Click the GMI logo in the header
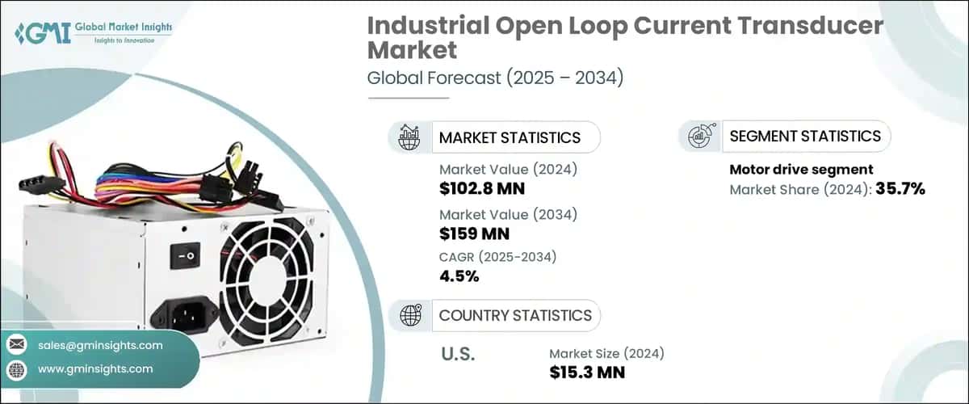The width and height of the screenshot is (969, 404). tap(94, 35)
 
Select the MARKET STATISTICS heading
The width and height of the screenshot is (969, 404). tap(509, 137)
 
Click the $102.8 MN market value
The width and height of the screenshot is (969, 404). tap(481, 189)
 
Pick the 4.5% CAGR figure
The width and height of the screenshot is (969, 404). tap(459, 277)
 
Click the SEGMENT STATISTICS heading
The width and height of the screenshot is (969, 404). tap(804, 137)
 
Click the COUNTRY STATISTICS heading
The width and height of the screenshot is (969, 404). tap(514, 316)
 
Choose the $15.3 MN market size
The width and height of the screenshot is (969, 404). tap(587, 372)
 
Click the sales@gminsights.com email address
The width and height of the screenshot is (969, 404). tap(100, 345)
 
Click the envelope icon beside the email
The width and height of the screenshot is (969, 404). tap(17, 345)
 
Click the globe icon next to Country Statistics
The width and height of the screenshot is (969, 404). tap(410, 316)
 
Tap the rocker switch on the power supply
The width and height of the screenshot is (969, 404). tap(184, 257)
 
